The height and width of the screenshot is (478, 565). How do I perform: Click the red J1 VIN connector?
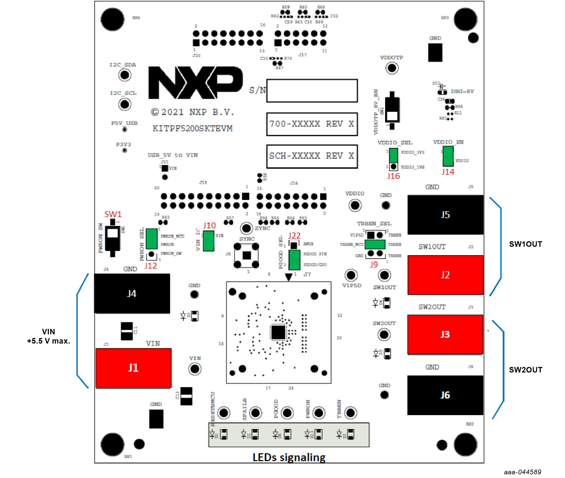pyautogui.click(x=133, y=368)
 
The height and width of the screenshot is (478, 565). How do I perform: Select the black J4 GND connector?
pyautogui.click(x=132, y=294)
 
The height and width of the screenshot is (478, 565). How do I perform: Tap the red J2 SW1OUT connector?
pyautogui.click(x=445, y=275)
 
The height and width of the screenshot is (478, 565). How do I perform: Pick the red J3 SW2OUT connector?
pyautogui.click(x=445, y=334)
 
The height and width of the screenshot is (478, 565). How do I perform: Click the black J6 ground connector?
pyautogui.click(x=445, y=395)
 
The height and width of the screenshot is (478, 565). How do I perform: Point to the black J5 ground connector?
pyautogui.click(x=445, y=215)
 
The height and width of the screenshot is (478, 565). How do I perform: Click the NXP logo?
pyautogui.click(x=195, y=83)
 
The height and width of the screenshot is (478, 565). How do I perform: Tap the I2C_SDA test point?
pyautogui.click(x=125, y=75)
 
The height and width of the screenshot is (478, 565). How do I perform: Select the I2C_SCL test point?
pyautogui.click(x=125, y=104)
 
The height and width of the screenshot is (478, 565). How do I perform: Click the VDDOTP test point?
pyautogui.click(x=392, y=68)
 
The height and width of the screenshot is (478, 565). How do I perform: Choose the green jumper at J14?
pyautogui.click(x=448, y=156)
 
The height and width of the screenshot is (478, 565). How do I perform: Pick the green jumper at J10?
pyautogui.click(x=208, y=241)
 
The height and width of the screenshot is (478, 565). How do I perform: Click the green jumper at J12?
pyautogui.click(x=152, y=239)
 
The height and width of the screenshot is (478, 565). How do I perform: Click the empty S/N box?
pyautogui.click(x=312, y=91)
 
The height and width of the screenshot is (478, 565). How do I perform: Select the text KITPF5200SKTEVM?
pyautogui.click(x=192, y=128)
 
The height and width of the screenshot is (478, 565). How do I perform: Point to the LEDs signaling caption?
pyautogui.click(x=289, y=457)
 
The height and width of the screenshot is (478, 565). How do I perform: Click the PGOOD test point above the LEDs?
pyautogui.click(x=287, y=413)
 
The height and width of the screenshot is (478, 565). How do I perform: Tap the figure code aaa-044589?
pyautogui.click(x=522, y=472)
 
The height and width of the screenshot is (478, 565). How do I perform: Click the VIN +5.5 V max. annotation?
pyautogui.click(x=48, y=336)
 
